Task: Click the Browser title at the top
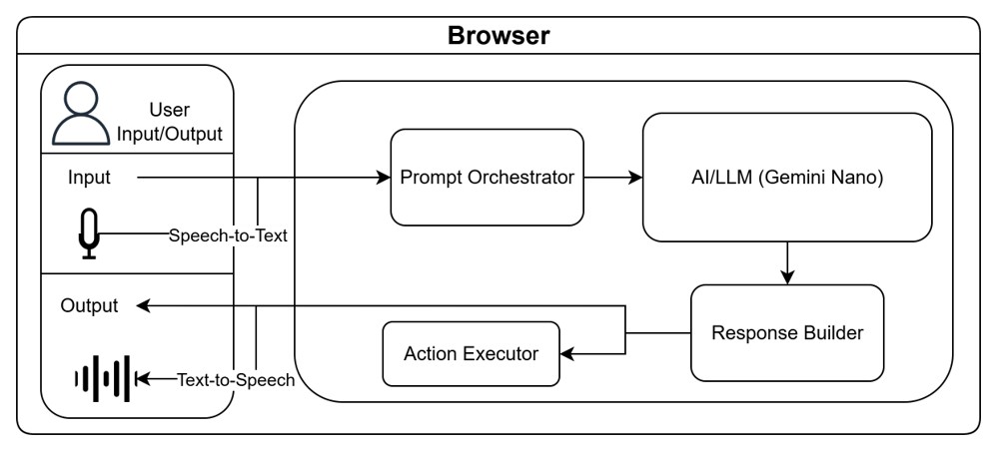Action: (498, 37)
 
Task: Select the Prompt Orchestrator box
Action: (487, 178)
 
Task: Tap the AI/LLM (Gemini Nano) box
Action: (787, 178)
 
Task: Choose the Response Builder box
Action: (787, 332)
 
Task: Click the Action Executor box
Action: (472, 353)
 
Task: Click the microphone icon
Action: (89, 234)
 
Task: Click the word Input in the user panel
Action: (89, 178)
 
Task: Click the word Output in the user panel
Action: (89, 305)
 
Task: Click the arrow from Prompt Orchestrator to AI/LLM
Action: (613, 178)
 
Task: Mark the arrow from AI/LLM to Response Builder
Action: (788, 261)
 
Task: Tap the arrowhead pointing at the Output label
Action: (144, 305)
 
